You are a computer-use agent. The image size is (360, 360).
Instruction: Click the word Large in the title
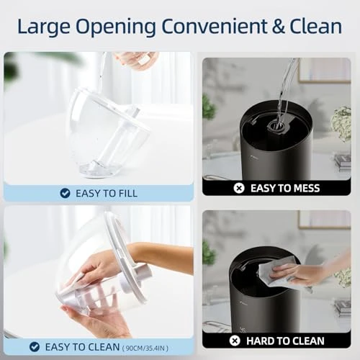coord(45,27)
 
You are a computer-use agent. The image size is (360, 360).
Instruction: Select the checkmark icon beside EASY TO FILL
coord(65,193)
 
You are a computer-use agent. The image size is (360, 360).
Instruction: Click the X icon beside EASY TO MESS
coord(239,188)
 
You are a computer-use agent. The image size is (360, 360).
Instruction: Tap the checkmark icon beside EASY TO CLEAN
coord(33,347)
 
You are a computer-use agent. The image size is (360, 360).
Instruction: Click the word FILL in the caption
coord(125,193)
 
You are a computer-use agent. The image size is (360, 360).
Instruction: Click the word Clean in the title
coord(314,27)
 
